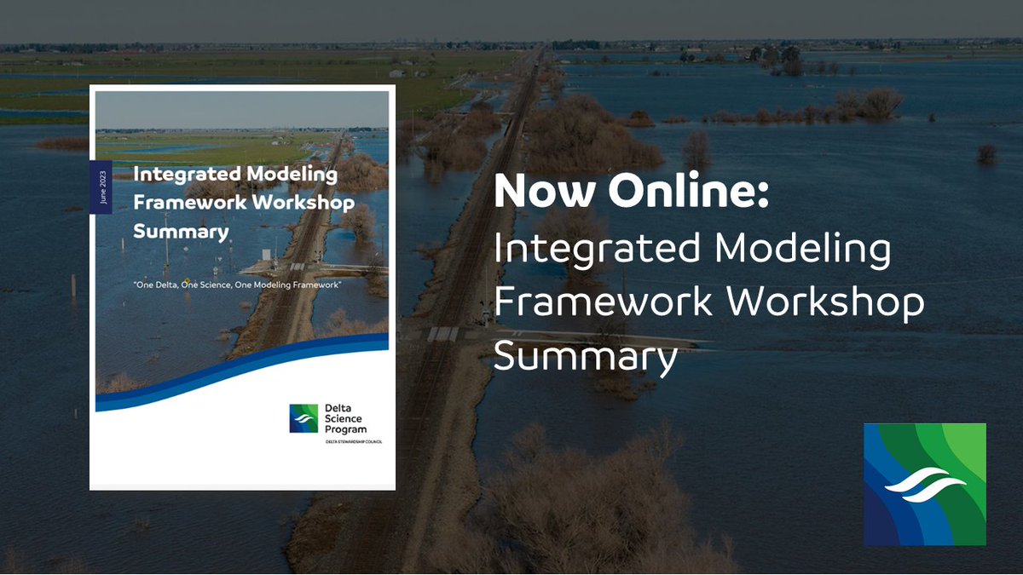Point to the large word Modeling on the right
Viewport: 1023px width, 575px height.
[803, 251]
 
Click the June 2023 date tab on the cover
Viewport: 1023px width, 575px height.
[101, 185]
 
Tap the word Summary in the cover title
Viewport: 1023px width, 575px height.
[180, 231]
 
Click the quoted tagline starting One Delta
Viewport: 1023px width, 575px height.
[238, 284]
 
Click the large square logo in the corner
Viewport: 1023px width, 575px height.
[924, 484]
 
